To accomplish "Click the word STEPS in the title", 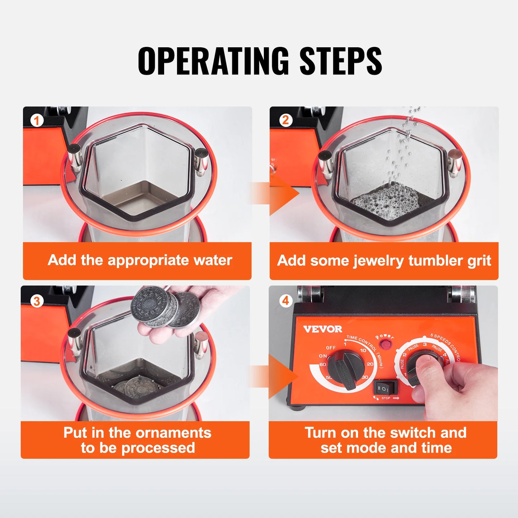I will click(340, 61).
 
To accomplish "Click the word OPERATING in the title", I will click(213, 61).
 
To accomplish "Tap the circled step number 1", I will click(37, 120).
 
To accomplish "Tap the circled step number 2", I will click(285, 120).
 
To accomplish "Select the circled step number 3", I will click(37, 301).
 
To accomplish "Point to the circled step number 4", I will click(285, 300).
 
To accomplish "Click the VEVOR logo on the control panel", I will click(323, 329).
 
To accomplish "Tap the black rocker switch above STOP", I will click(385, 388).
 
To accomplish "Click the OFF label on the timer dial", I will click(331, 348).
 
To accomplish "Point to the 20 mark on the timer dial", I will click(370, 364).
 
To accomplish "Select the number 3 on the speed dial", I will click(425, 344).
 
